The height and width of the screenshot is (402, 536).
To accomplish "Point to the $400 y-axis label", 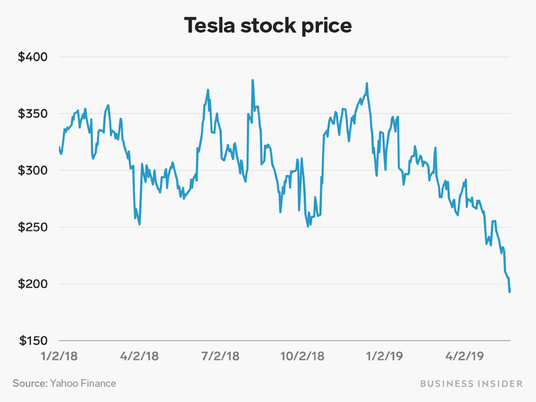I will [x=33, y=57].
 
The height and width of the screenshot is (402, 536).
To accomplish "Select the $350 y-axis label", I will [x=33, y=114].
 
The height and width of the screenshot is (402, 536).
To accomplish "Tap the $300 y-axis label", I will [x=33, y=171].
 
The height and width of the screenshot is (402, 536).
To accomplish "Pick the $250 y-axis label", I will [x=33, y=228].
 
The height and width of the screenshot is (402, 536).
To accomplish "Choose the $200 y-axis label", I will [x=33, y=284].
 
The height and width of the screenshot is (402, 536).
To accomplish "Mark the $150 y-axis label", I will [x=33, y=341].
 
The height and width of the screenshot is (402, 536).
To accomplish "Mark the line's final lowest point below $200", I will [x=510, y=291].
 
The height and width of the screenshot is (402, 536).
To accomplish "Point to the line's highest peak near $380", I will [x=253, y=80].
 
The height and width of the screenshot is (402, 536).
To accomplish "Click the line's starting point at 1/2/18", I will [x=60, y=147].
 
